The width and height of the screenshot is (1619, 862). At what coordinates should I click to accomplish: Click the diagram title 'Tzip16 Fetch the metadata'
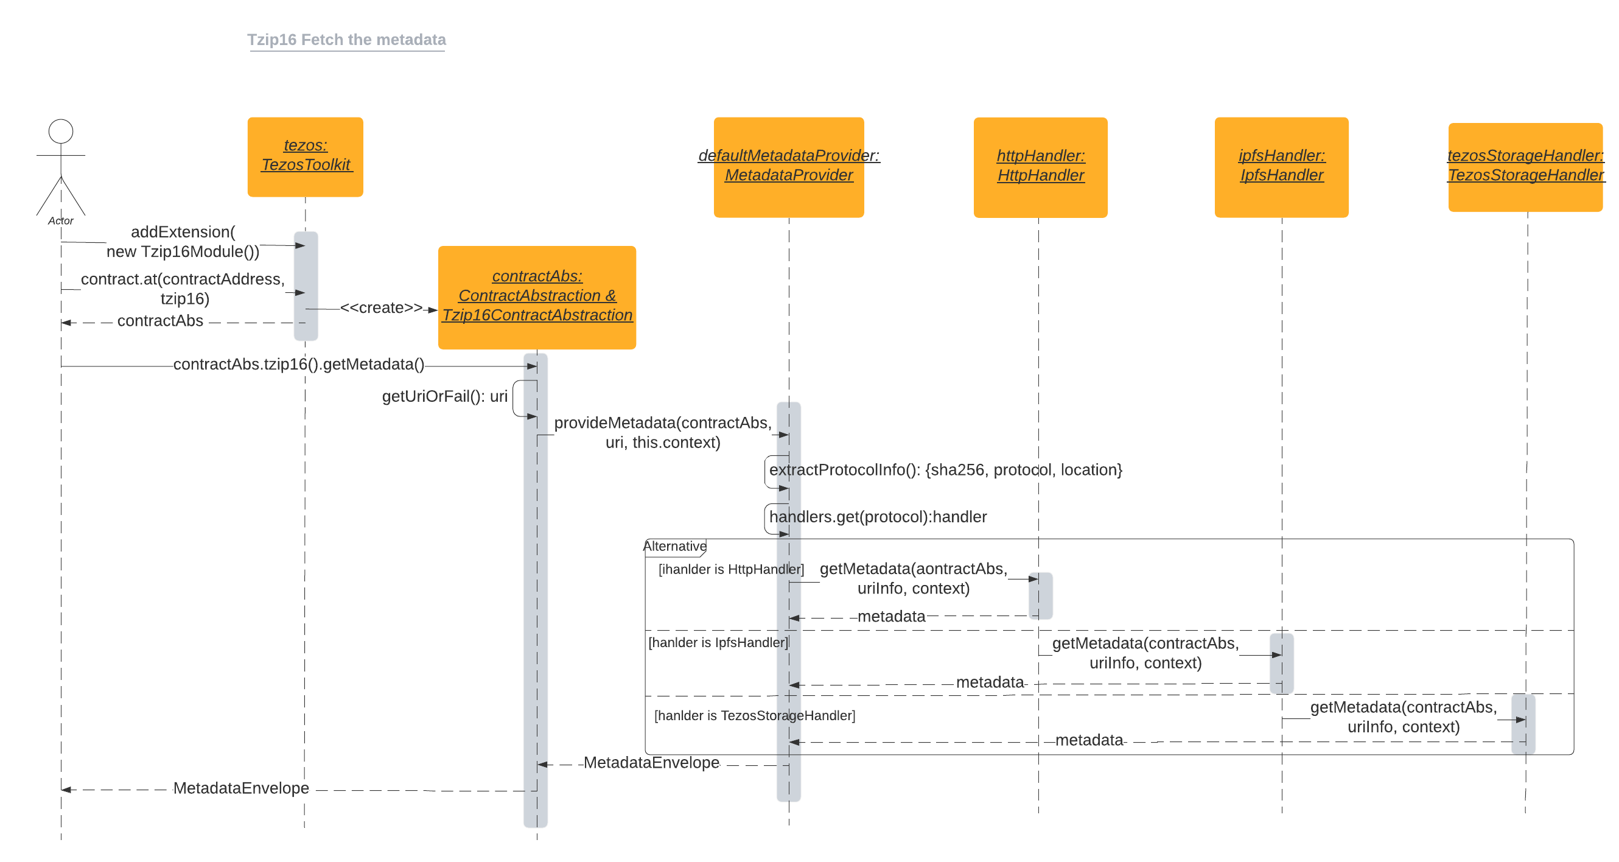346,40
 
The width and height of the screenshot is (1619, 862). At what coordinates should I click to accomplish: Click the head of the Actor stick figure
61,131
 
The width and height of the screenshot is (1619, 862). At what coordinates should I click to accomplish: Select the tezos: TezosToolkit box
306,156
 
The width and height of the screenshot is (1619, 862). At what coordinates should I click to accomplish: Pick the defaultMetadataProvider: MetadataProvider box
789,167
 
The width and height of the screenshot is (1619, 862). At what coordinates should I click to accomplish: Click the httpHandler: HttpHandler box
1040,167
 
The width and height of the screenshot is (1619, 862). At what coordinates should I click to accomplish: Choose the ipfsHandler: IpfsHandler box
1281,167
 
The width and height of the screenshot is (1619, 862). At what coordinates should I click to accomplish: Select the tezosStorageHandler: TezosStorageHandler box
1525,167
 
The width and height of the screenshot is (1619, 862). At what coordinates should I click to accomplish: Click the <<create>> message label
382,308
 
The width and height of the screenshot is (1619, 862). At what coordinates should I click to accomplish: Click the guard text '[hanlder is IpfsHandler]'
718,643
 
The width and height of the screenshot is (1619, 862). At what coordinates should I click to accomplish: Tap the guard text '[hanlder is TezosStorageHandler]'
754,715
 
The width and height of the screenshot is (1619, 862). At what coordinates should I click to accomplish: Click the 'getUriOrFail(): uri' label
444,396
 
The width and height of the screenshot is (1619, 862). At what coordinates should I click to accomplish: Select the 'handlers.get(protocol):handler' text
878,517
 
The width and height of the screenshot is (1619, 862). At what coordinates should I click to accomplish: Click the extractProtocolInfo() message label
945,470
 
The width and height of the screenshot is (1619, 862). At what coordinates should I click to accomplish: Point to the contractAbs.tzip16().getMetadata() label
298,364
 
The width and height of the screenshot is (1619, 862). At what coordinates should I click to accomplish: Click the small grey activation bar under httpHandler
1041,595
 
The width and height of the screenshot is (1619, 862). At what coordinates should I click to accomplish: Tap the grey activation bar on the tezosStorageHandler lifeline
1523,724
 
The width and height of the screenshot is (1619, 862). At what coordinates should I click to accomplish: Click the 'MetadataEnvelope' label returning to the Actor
240,788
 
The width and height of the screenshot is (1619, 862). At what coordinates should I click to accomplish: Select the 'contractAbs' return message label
160,321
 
